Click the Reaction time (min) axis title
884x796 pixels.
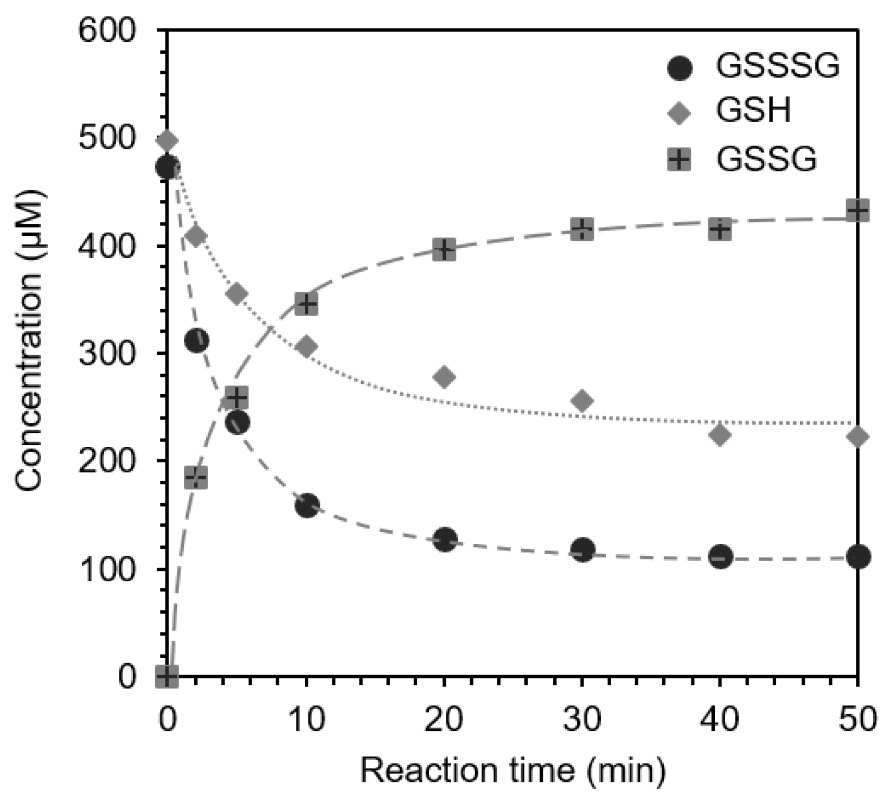pyautogui.click(x=513, y=770)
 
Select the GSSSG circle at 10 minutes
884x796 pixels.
pyautogui.click(x=306, y=506)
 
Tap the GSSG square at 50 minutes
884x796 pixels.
pyautogui.click(x=857, y=210)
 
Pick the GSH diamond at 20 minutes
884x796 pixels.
pyautogui.click(x=445, y=377)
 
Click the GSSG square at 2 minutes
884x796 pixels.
pyautogui.click(x=196, y=478)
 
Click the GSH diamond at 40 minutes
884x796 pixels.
pyautogui.click(x=720, y=434)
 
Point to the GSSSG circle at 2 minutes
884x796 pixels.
pyautogui.click(x=196, y=341)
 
